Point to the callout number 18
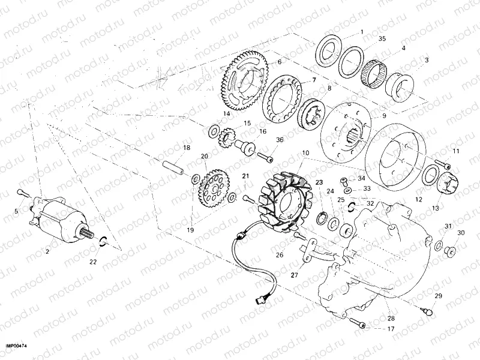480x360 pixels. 187,148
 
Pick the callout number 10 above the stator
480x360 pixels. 305,154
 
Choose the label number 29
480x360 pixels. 438,296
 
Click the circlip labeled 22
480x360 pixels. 103,242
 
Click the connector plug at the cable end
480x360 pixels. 261,298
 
